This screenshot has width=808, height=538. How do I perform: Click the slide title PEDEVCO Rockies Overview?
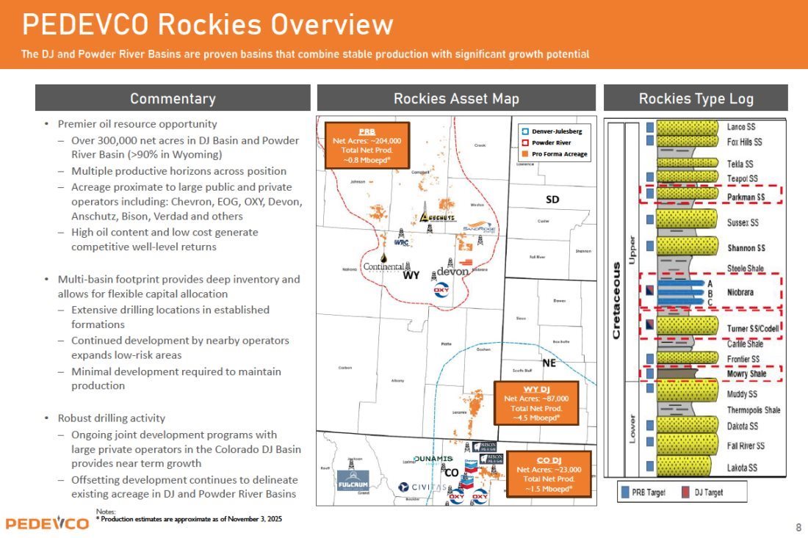(x=208, y=25)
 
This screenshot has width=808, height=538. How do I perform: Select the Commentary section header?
(x=173, y=98)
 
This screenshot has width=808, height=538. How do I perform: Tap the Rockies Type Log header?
(x=696, y=98)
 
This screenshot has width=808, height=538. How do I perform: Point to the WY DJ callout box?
(x=536, y=403)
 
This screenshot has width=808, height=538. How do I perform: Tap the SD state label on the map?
(x=552, y=200)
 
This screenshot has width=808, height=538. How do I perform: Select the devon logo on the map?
(x=452, y=272)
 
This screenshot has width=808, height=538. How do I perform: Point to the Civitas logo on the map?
(x=422, y=487)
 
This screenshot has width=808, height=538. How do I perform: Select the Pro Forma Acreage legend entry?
(x=555, y=154)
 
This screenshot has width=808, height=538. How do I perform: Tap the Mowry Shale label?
(x=746, y=374)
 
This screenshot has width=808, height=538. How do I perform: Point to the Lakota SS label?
(x=742, y=468)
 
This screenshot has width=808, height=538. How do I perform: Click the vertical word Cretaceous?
(x=616, y=290)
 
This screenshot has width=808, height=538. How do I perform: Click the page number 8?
(x=798, y=527)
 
